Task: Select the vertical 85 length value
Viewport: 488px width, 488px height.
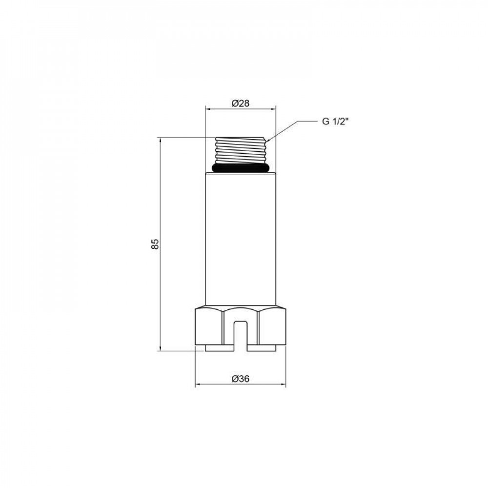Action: tap(155, 244)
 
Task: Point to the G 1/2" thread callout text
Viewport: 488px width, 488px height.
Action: tap(334, 122)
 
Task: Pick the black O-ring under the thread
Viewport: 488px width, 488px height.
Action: tap(240, 168)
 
